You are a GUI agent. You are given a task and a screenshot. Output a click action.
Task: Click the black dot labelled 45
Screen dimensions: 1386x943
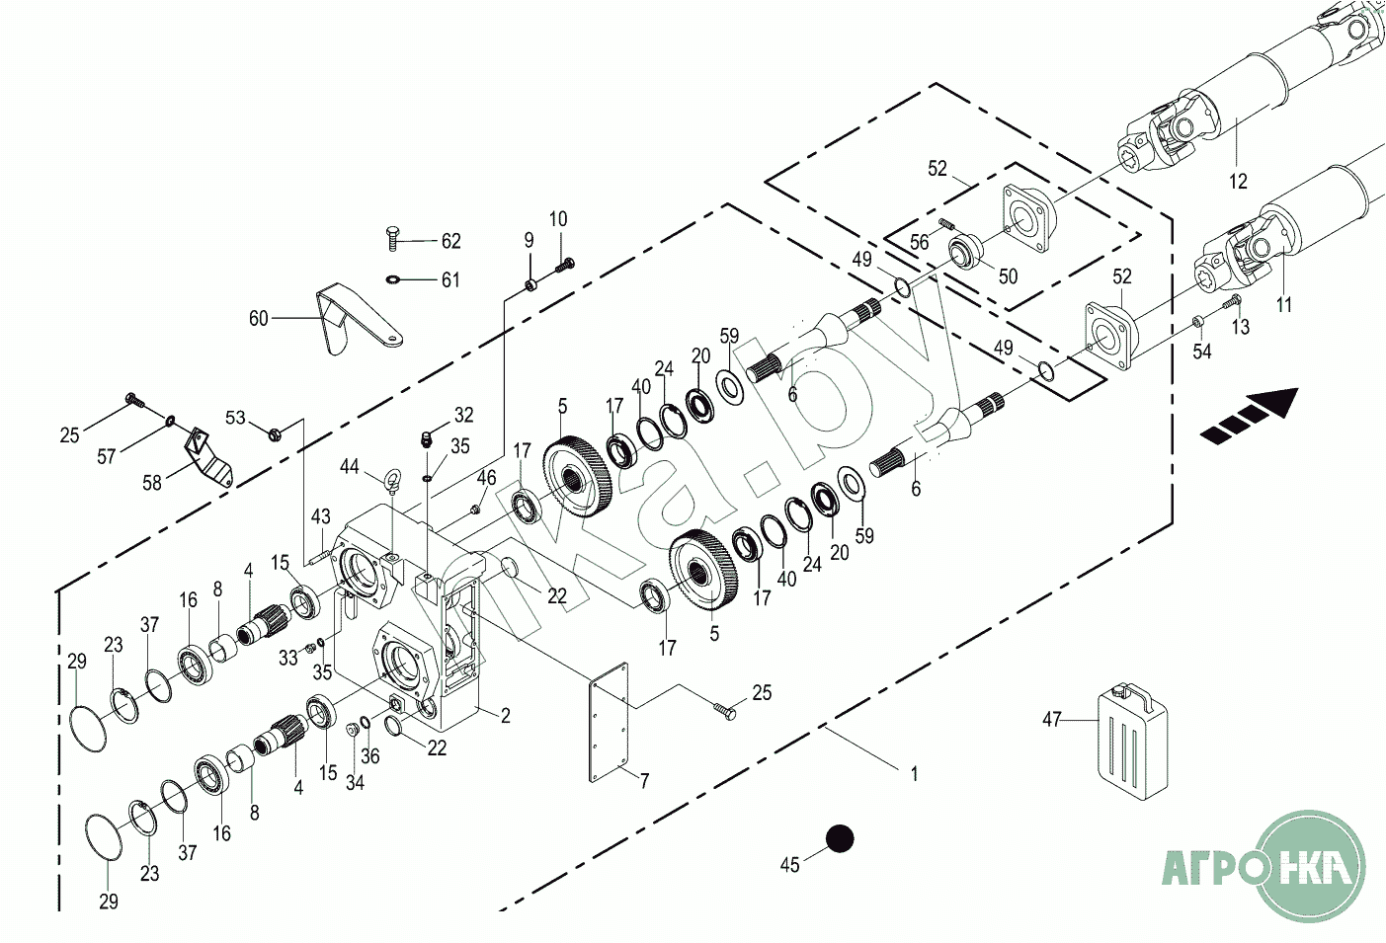[840, 839]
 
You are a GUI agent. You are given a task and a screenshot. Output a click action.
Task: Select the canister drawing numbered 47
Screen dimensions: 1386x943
[1133, 741]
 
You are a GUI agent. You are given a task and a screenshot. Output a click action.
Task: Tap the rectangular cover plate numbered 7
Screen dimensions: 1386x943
[609, 723]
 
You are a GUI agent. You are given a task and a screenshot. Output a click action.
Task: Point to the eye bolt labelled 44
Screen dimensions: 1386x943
[391, 482]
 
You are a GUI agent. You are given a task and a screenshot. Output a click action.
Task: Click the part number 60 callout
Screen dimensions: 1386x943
[258, 319]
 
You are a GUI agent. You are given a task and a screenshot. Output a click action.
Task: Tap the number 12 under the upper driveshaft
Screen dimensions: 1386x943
[1238, 181]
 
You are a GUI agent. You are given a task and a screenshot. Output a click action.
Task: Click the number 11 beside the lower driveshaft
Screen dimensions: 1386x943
[1284, 305]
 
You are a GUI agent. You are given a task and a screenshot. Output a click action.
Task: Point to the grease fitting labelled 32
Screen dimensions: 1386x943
[426, 439]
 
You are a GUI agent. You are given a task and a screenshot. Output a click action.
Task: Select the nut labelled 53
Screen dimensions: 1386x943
[275, 434]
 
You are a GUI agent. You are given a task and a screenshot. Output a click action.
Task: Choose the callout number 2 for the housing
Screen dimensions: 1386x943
[506, 716]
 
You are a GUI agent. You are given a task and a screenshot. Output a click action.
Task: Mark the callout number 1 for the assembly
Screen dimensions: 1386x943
[915, 773]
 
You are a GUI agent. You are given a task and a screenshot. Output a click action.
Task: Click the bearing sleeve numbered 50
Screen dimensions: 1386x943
[964, 253]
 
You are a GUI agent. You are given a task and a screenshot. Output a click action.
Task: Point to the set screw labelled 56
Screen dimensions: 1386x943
[944, 223]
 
